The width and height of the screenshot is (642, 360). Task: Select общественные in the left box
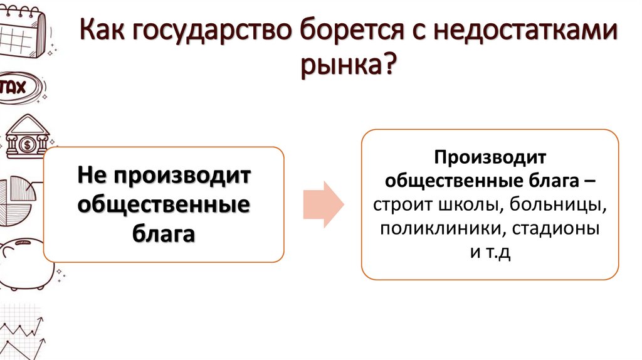164,204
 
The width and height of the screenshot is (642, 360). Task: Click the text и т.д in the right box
490,253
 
